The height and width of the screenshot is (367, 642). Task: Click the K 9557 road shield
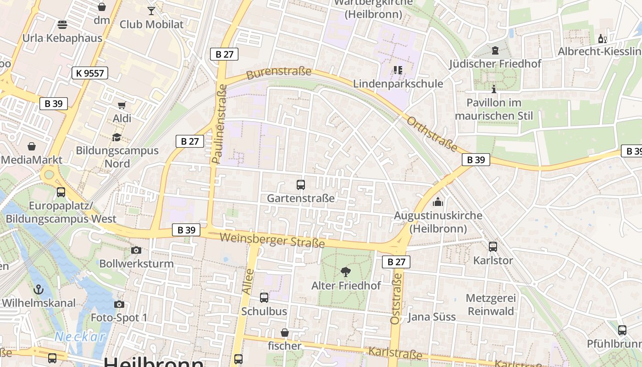click(89, 72)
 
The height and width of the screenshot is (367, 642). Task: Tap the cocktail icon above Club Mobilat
click(151, 11)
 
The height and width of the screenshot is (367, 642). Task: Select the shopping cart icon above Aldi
click(122, 106)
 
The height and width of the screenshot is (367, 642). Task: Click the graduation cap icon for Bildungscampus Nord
click(117, 137)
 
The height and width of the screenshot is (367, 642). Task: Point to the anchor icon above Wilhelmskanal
click(39, 289)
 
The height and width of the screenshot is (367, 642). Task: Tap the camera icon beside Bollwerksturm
click(136, 250)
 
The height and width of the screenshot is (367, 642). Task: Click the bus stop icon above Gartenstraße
click(301, 185)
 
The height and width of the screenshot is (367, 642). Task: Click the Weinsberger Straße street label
click(272, 240)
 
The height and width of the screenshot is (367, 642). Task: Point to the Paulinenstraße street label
click(220, 124)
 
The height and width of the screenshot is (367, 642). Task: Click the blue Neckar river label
click(80, 337)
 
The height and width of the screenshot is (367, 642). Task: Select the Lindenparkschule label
click(398, 83)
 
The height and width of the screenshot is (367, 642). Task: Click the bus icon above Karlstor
click(493, 247)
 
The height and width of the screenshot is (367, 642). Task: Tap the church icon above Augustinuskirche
click(438, 202)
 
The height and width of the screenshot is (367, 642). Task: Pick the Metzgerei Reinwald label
click(491, 305)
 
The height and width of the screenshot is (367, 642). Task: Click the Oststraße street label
click(396, 299)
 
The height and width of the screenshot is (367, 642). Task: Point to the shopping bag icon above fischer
click(285, 333)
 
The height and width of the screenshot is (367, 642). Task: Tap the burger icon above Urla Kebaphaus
click(62, 24)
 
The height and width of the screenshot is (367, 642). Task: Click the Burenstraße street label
click(279, 73)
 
